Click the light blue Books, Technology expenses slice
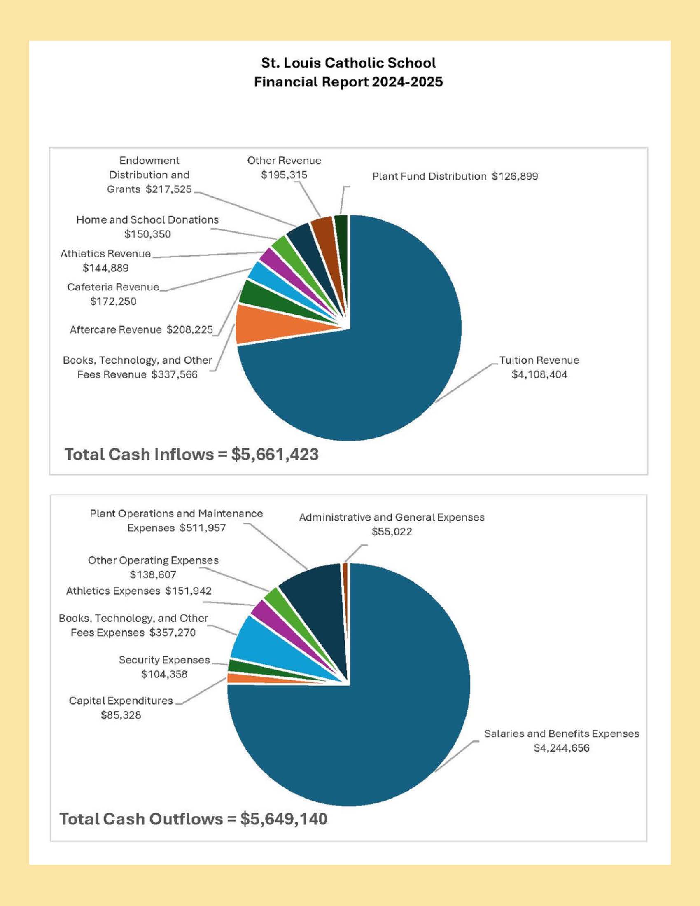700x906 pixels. point(266,643)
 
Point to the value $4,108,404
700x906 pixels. point(539,375)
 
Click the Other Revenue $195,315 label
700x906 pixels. point(284,168)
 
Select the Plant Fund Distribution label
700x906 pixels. point(455,176)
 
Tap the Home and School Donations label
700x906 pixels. point(148,227)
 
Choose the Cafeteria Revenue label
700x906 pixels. point(113,294)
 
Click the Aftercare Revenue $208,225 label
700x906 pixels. point(141,330)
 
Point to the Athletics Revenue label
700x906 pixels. point(106,261)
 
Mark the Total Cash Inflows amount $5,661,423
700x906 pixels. point(275,455)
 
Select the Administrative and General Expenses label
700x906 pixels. point(392,524)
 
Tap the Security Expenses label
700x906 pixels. point(164,667)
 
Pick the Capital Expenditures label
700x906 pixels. point(121,707)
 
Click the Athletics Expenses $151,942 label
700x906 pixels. point(138,591)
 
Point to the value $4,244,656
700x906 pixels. point(562,748)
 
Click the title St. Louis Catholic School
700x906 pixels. point(348,63)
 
